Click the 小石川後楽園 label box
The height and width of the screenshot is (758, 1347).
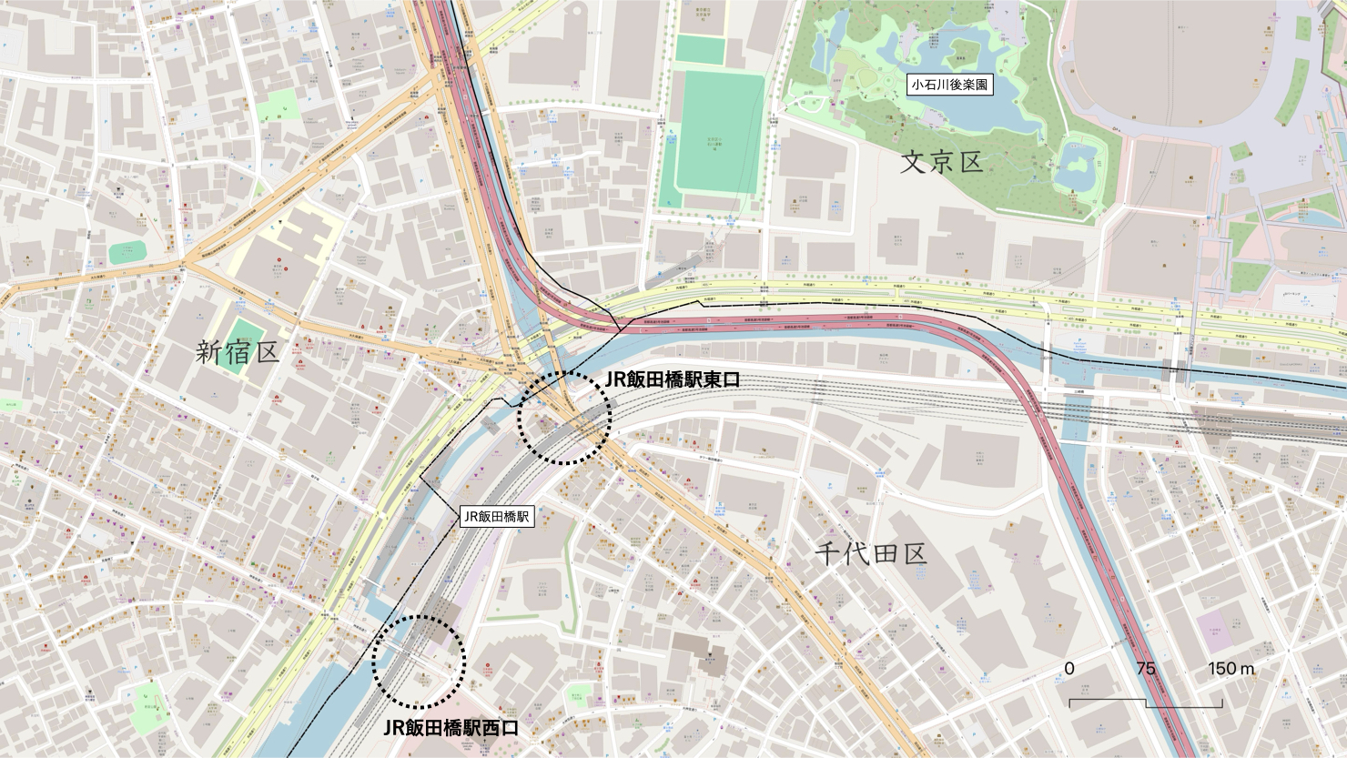coord(950,86)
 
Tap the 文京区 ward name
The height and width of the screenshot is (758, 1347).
coord(942,164)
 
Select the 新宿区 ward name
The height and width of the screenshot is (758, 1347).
coord(237,353)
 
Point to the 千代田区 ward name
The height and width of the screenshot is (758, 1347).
coord(869,551)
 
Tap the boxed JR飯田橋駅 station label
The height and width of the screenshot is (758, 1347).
coord(495,516)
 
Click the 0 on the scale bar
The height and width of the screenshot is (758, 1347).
coord(1069,669)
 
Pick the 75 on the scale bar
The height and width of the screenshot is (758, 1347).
coord(1146,669)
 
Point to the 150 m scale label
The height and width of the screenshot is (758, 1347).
coord(1232,669)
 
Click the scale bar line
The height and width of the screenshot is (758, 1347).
coord(1145,702)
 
